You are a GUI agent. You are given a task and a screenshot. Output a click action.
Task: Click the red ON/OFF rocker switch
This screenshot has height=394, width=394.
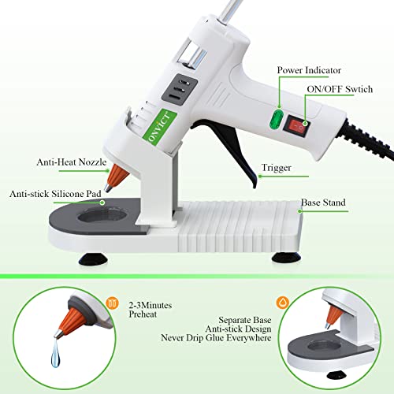point(297,126)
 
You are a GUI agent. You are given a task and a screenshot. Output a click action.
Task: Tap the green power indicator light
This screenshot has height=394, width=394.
point(277,120)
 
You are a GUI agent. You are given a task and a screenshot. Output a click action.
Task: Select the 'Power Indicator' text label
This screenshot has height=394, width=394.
point(309,70)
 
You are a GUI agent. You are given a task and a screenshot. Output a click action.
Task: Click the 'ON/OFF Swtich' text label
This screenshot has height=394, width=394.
point(340,89)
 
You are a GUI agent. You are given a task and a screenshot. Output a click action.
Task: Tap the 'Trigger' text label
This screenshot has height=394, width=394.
point(277,168)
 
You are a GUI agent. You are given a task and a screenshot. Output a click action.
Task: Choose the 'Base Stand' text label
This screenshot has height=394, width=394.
point(323,203)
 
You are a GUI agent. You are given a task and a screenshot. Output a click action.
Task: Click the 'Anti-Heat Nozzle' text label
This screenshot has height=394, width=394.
point(72,162)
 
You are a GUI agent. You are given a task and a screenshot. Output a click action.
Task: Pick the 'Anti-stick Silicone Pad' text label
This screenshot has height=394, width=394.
point(55,194)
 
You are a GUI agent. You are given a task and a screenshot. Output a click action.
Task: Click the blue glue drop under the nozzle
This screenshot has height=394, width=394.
point(55,353)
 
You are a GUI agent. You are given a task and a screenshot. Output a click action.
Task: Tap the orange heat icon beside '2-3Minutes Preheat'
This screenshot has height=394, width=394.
point(113,303)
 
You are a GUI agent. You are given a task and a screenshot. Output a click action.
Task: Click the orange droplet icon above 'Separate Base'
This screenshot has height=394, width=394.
point(282,303)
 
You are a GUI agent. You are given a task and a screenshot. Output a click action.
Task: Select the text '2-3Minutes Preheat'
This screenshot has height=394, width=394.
point(151,310)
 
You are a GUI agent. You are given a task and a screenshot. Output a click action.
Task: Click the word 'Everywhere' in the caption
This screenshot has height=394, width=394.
point(248,338)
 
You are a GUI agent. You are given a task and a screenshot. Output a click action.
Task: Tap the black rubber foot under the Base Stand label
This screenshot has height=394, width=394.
point(286,258)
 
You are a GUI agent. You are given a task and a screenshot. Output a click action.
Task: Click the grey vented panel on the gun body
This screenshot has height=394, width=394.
point(180,90)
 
